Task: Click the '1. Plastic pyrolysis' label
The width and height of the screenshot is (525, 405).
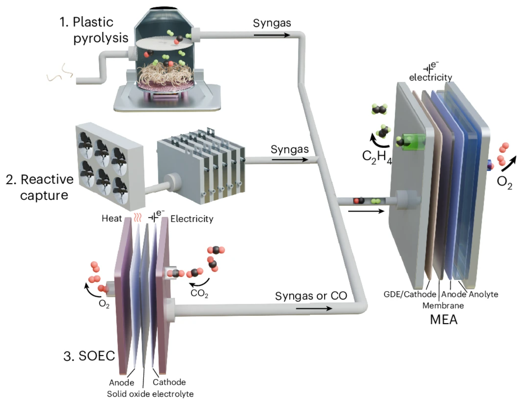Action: (94, 30)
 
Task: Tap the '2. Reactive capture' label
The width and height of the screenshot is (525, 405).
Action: (40, 187)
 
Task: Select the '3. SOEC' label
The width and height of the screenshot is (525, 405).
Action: (89, 356)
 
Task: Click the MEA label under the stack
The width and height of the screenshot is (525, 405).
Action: (444, 319)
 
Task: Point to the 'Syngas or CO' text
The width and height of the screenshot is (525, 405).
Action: (311, 296)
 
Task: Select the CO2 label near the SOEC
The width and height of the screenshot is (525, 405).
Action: (199, 293)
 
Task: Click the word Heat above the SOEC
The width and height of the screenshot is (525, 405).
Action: (112, 219)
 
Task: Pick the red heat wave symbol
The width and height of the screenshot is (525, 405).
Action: (137, 217)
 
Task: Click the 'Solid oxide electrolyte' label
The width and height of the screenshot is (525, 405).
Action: (150, 394)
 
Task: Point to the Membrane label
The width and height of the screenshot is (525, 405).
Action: (443, 305)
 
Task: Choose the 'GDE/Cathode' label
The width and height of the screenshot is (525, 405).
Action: (410, 294)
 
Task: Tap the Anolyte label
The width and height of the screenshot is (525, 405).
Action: (483, 294)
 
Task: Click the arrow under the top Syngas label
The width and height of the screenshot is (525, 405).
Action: (272, 35)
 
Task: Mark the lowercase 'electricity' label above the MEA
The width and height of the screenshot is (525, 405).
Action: (431, 77)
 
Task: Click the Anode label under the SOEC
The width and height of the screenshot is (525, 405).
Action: (121, 382)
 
